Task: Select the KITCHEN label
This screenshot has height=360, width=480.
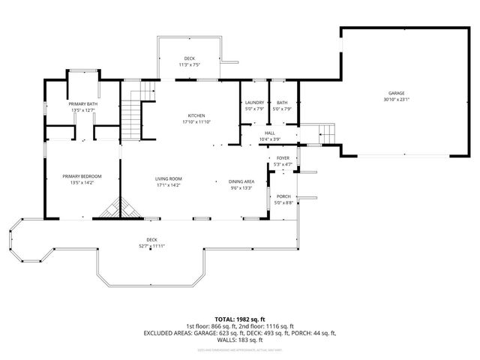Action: coord(196,115)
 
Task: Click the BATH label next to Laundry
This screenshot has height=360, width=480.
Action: coord(282,103)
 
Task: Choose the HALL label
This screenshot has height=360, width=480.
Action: coord(269,133)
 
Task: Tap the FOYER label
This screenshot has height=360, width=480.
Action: coord(283,158)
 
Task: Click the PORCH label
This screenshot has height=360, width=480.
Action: coord(283,196)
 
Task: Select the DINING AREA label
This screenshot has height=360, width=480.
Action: coord(241,181)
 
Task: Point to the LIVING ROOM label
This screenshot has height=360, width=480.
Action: coord(169,178)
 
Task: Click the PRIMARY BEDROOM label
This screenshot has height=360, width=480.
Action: coord(82,175)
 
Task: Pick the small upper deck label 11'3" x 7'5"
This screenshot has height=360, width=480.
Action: coord(189,65)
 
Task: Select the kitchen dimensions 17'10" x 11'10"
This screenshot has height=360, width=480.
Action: coord(196,121)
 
